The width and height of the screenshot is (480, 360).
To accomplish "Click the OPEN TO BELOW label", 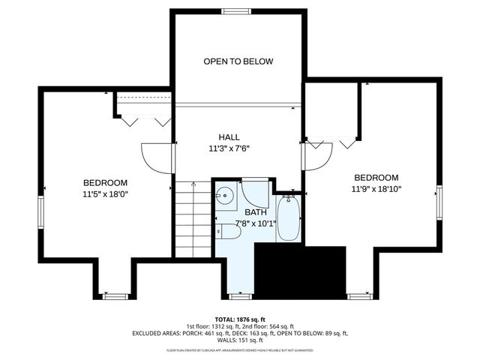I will pos(238,61).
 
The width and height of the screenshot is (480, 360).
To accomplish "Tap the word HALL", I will pos(229,137).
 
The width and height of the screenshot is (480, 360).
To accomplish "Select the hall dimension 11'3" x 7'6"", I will pos(229,148).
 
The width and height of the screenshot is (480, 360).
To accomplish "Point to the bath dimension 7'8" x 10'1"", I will pos(256,223).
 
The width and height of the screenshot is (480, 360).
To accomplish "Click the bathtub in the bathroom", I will pos(288,218).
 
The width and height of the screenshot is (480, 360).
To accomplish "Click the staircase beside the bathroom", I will pos(193,221).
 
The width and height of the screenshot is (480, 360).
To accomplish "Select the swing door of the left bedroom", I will pos(158,157).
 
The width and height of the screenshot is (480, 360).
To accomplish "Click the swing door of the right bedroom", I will pos(315,157).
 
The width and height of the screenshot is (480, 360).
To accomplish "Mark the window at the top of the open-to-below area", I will pos(238,11).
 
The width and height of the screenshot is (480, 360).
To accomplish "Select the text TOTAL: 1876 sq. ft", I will pos(240,318).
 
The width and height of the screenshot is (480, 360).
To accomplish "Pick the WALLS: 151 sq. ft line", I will pos(240,340).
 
